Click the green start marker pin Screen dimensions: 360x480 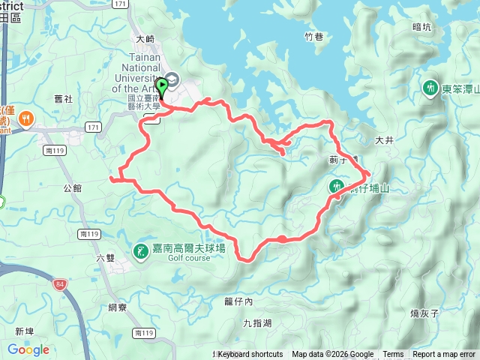coord(161,86)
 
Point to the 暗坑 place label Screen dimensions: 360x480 coord(422,27)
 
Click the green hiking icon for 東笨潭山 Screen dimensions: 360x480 coord(430,88)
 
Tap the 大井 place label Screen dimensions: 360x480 coord(384,139)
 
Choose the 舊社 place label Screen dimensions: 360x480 coord(64,98)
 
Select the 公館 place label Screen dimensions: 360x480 coord(73,187)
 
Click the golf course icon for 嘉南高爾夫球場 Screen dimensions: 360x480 coord(140,250)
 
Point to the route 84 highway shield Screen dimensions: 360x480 coord(60,284)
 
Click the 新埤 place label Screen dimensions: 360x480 coord(25,331)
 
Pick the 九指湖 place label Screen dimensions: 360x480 coord(257,323)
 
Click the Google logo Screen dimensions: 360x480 coord(28,350)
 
